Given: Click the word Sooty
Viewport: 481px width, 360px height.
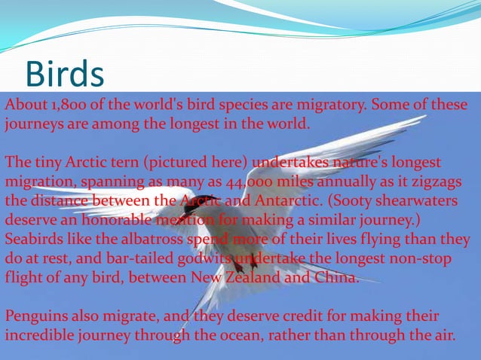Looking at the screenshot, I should point(339,202).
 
